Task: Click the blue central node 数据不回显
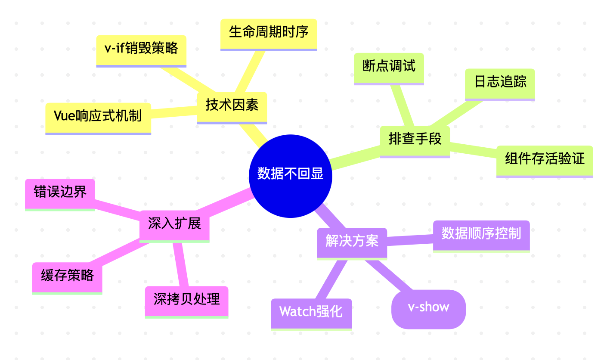[291, 176]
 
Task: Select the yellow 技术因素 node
[232, 106]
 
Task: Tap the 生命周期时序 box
[269, 34]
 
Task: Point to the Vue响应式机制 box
[98, 117]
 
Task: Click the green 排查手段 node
[415, 140]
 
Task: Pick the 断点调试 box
[389, 68]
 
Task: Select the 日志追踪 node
[500, 83]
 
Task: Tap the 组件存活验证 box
[545, 160]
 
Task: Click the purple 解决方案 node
[352, 242]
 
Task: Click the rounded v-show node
[428, 309]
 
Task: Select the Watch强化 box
[311, 313]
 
